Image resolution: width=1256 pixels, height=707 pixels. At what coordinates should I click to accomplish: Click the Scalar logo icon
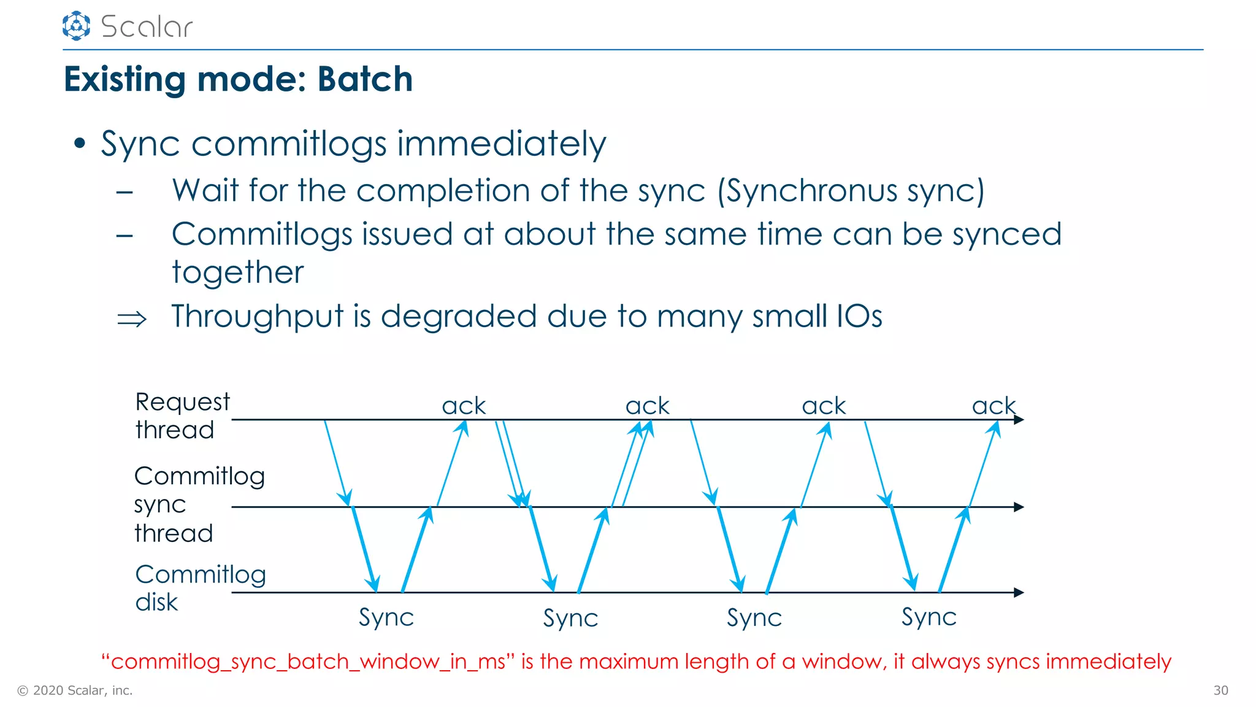point(76,26)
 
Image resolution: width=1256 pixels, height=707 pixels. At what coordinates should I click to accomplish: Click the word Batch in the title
point(365,79)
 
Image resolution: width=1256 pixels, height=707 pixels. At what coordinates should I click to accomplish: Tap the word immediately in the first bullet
point(501,144)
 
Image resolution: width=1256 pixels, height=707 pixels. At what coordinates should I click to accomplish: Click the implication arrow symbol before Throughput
point(132,319)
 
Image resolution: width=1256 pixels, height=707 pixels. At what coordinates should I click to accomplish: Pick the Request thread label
point(182,415)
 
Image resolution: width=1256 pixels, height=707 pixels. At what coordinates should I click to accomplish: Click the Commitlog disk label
point(200,587)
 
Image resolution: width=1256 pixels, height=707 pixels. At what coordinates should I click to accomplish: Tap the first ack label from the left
point(464,406)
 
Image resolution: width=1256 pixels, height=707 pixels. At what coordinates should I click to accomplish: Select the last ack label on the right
point(994,406)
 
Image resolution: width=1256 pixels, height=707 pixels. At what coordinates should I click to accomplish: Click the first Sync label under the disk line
point(386,617)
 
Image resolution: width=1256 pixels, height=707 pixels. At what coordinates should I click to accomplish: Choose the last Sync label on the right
point(929,617)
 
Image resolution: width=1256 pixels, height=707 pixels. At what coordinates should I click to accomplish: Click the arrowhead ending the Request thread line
point(1019,420)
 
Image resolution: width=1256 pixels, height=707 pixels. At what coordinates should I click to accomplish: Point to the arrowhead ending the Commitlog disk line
point(1019,592)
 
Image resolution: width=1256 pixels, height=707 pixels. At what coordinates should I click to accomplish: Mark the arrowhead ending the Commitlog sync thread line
point(1019,507)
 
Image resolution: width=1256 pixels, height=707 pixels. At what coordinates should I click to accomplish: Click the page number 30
point(1220,690)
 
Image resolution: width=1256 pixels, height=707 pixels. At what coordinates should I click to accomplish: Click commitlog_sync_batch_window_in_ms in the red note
point(308,662)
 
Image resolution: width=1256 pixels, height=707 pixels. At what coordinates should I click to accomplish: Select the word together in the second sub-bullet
point(238,272)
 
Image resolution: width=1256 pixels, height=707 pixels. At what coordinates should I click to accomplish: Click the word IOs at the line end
point(859,317)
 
